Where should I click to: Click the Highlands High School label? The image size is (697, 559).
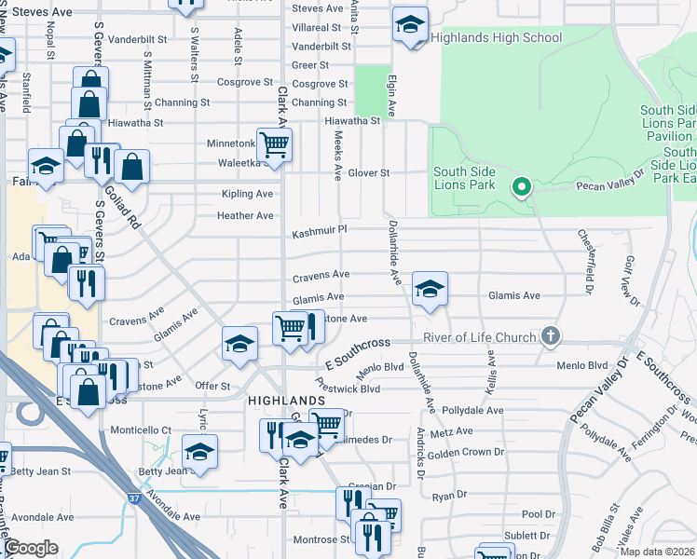click(496, 38)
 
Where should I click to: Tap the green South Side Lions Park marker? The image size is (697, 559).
click(522, 188)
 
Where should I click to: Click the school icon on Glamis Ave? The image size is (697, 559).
click(430, 289)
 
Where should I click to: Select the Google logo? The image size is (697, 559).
click(31, 548)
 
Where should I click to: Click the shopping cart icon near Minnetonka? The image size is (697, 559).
click(274, 145)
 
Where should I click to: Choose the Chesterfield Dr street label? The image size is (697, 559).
click(589, 256)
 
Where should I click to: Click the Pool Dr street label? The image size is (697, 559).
click(539, 513)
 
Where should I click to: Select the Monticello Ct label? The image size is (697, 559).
click(142, 430)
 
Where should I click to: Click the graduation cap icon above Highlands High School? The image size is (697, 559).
click(409, 25)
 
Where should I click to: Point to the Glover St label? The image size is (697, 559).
click(368, 173)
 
